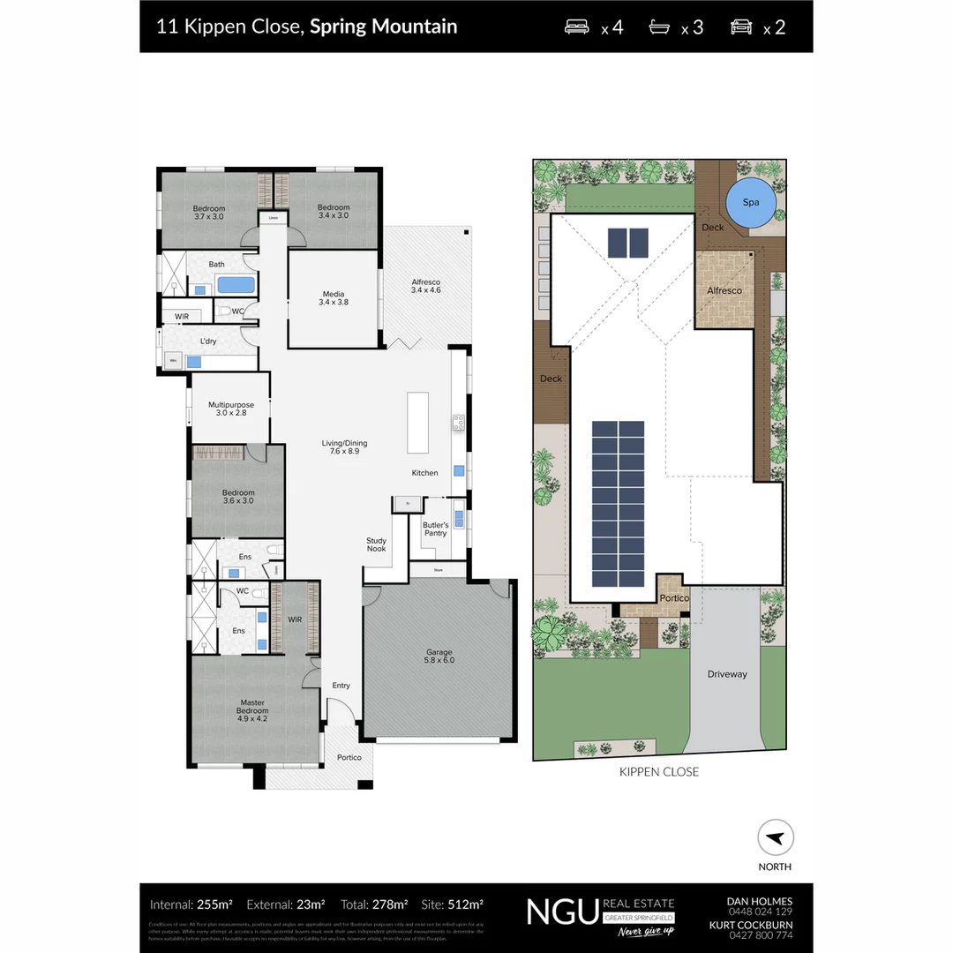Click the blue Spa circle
750,203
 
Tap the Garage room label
439,656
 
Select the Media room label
333,298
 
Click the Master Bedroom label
252,710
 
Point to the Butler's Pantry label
435,529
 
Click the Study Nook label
377,545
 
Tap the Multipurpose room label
230,409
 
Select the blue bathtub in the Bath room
235,285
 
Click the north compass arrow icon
776,837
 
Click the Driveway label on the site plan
727,674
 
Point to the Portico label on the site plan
674,598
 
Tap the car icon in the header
741,26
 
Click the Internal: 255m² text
191,904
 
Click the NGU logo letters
562,911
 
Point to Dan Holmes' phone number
760,912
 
